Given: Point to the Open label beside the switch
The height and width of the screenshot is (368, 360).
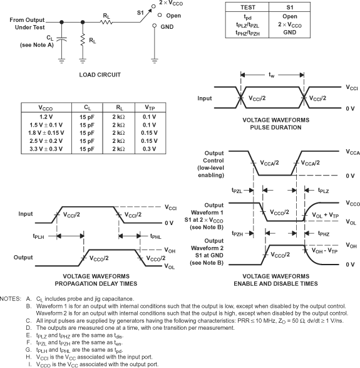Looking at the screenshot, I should (x=174, y=17).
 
